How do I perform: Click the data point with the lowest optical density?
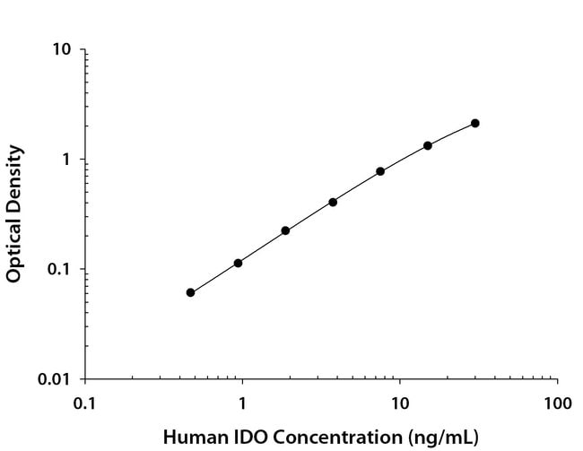tap(190, 292)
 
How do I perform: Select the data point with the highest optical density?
tap(475, 123)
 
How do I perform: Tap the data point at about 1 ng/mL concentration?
tap(238, 263)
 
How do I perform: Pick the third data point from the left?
tap(285, 230)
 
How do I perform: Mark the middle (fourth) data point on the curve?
tap(333, 202)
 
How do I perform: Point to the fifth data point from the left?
tap(380, 171)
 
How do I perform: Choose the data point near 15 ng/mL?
tap(428, 145)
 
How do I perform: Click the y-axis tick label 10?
tap(63, 49)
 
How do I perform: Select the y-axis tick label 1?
tap(67, 160)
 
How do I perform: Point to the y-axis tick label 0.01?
tap(57, 379)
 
